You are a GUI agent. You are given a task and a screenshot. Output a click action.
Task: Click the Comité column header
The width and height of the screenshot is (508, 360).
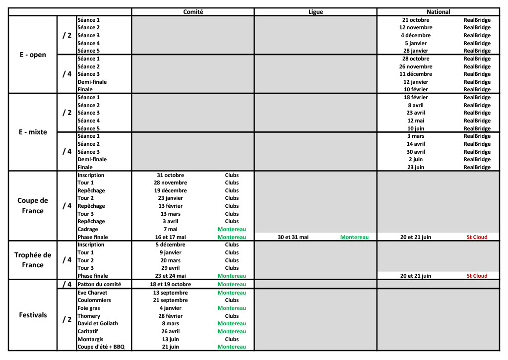click(193, 12)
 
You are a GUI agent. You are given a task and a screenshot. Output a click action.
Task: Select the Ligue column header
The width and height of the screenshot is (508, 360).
click(316, 12)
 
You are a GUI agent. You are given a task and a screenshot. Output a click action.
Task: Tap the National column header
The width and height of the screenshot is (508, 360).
click(439, 12)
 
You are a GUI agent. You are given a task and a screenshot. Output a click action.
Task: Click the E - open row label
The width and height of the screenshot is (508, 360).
click(33, 55)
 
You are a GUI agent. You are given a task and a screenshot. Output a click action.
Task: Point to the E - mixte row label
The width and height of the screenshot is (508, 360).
click(33, 132)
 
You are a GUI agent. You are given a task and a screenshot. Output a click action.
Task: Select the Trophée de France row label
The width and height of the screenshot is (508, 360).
click(33, 260)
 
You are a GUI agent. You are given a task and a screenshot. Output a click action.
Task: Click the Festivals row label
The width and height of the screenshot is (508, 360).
click(33, 315)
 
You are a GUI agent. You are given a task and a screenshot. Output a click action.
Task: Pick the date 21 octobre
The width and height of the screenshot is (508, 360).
click(416, 20)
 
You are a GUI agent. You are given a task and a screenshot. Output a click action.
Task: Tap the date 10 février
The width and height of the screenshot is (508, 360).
click(416, 89)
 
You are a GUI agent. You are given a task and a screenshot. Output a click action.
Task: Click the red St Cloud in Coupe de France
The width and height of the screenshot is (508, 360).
click(477, 237)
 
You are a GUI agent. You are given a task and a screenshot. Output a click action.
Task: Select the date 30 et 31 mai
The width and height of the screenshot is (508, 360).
click(293, 237)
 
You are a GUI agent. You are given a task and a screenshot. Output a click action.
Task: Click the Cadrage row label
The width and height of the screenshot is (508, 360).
click(88, 229)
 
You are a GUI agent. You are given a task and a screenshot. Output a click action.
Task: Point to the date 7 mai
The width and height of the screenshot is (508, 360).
click(170, 229)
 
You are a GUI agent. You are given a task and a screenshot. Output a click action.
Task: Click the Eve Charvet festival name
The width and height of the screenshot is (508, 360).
click(92, 293)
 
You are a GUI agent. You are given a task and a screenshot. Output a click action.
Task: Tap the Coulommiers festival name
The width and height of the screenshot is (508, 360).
click(94, 300)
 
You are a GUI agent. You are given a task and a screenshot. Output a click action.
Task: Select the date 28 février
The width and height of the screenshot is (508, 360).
click(170, 316)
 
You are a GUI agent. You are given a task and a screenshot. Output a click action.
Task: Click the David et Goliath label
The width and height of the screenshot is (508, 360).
click(98, 323)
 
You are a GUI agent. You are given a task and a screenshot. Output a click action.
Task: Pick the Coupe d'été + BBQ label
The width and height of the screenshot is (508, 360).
click(101, 347)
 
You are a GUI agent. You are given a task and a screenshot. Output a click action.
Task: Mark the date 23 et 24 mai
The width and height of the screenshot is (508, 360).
click(170, 276)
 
